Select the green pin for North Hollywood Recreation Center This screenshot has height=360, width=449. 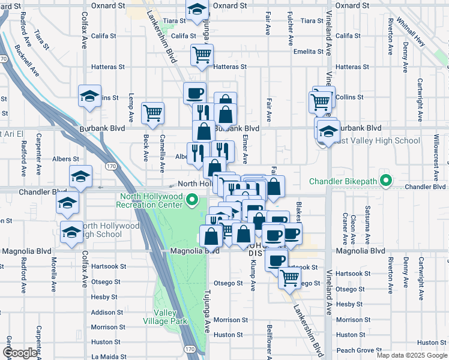[x=192, y=200]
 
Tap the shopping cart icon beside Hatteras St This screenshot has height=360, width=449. [x=202, y=55]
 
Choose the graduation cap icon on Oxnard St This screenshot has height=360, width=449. [x=196, y=10]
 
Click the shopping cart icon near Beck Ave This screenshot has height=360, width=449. [x=152, y=113]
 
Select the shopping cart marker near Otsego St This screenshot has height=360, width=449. [x=290, y=278]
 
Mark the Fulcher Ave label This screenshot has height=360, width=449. [x=290, y=30]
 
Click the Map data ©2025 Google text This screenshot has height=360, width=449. [x=412, y=355]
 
